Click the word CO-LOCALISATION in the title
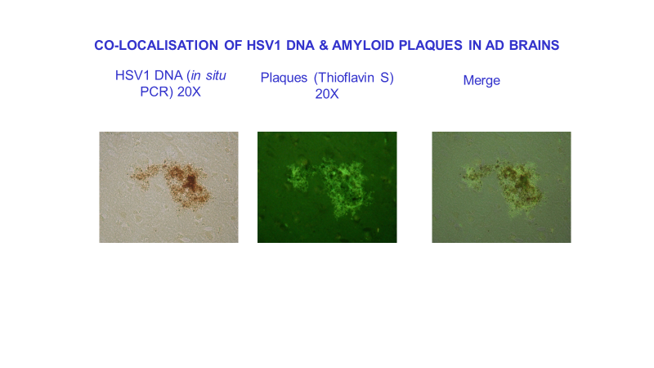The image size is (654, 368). [x=156, y=45]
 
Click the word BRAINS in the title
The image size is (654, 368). [x=535, y=45]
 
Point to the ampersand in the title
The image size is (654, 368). [x=324, y=45]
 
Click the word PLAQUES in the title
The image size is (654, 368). [x=431, y=45]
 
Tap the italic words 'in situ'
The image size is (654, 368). [x=208, y=75]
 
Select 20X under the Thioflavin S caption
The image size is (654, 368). [x=327, y=94]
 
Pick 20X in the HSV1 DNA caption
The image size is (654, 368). [x=189, y=92]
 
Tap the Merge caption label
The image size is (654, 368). [x=482, y=80]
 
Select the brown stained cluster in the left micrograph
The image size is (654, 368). [x=172, y=184]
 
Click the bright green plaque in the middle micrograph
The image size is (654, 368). [x=330, y=186]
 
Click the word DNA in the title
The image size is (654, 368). [x=300, y=45]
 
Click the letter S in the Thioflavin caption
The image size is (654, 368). [x=384, y=78]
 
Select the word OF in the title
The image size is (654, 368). [x=233, y=45]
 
